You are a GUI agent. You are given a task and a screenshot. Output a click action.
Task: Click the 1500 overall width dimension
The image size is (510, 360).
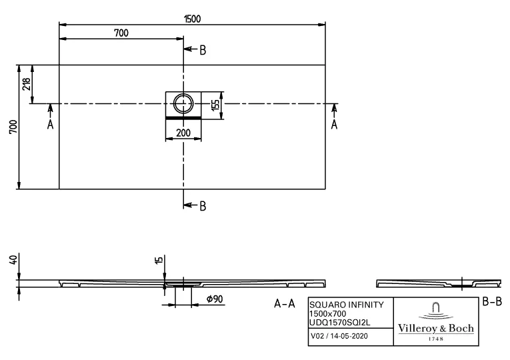click(x=193, y=18)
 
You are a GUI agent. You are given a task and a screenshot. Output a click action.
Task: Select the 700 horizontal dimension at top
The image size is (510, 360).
click(x=121, y=33)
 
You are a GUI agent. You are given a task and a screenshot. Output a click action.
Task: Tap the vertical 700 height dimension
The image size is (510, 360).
click(x=12, y=127)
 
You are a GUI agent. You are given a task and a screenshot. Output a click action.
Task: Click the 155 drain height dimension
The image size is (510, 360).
click(x=215, y=105)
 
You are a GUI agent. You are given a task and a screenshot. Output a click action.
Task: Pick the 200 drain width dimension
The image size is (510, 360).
click(x=183, y=132)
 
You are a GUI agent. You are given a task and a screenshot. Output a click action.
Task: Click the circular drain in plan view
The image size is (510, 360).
click(x=183, y=103)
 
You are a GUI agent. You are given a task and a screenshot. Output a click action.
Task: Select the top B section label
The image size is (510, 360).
click(x=203, y=49)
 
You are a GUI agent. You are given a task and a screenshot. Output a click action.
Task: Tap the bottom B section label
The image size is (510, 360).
click(x=203, y=205)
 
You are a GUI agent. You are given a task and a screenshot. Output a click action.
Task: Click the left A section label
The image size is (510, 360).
click(x=50, y=124)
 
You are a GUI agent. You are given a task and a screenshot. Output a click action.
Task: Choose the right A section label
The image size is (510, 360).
click(x=334, y=124)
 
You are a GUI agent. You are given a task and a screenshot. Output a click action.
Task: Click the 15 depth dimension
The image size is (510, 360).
click(x=157, y=260)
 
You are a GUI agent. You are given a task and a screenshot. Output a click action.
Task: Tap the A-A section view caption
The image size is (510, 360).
click(x=285, y=304)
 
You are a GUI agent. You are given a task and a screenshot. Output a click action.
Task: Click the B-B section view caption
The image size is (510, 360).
click(x=491, y=302)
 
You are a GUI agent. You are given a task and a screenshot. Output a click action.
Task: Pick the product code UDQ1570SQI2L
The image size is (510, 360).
click(x=340, y=321)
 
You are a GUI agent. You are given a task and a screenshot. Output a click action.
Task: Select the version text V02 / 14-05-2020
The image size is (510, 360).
click(x=338, y=337)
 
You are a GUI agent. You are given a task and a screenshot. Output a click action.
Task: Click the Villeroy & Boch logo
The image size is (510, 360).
click(x=436, y=321)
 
